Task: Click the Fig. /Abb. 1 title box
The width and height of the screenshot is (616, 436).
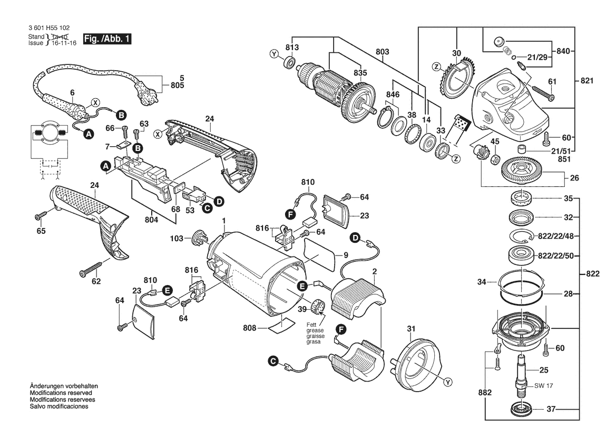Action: pyautogui.click(x=106, y=40)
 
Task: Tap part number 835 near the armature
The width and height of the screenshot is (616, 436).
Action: pyautogui.click(x=360, y=73)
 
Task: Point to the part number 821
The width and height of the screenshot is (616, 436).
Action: pyautogui.click(x=586, y=81)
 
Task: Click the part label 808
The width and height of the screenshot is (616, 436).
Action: pyautogui.click(x=250, y=328)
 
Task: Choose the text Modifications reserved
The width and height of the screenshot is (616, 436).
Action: pyautogui.click(x=61, y=393)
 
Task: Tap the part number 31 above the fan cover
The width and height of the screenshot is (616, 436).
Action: pyautogui.click(x=410, y=330)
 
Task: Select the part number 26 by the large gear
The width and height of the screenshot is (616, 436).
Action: pyautogui.click(x=573, y=178)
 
